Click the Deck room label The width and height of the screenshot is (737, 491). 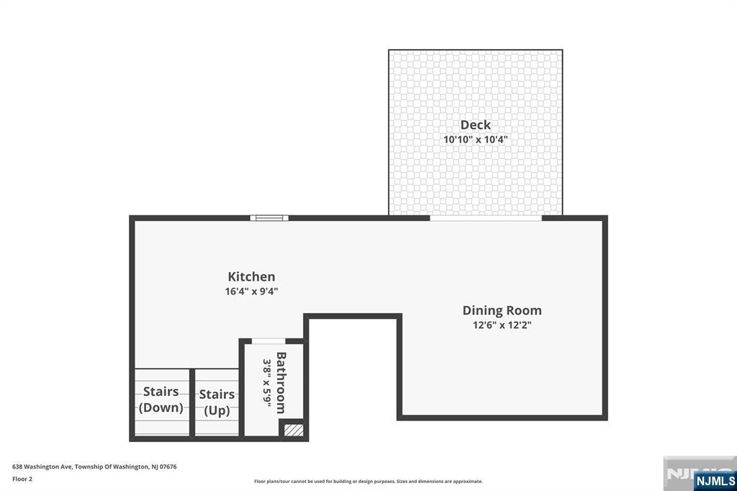coord(475,125)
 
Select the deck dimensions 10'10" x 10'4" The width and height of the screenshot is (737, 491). coord(475,140)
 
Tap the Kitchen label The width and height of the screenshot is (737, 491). coord(251,276)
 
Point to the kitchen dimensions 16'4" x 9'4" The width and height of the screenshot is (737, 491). coord(251,292)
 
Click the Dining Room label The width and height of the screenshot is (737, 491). coord(502,310)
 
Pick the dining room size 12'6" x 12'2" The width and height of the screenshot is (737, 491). coord(502,325)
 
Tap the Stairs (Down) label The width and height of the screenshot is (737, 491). coord(161,400)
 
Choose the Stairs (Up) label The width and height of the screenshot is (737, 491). coord(217,402)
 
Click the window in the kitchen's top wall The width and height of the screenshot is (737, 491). coord(269,217)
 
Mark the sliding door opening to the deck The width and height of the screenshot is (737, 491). coord(486,217)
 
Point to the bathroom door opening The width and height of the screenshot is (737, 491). coord(268,341)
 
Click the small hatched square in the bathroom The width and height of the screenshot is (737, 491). coord(294,430)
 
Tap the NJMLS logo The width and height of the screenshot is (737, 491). coord(715,480)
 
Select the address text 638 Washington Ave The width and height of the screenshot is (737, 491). coord(42,467)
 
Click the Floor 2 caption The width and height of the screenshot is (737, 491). coord(22,478)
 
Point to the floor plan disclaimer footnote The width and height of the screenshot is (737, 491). coord(368,482)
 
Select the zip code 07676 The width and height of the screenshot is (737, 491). coord(168,467)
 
